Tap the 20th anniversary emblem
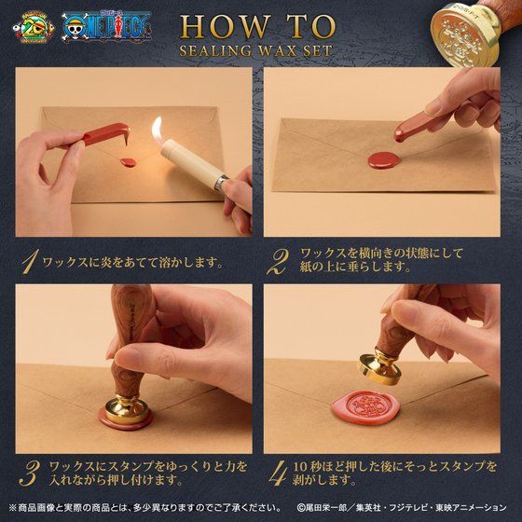click(34, 28)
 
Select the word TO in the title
click(310, 27)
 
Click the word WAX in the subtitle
click(277, 51)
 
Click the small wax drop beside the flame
click(129, 163)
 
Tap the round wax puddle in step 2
click(384, 160)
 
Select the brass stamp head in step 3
click(127, 410)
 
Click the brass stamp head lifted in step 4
click(378, 367)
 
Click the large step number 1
click(30, 262)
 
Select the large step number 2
click(279, 262)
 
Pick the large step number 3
click(30, 474)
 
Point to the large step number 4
click(278, 474)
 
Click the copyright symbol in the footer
click(300, 508)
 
